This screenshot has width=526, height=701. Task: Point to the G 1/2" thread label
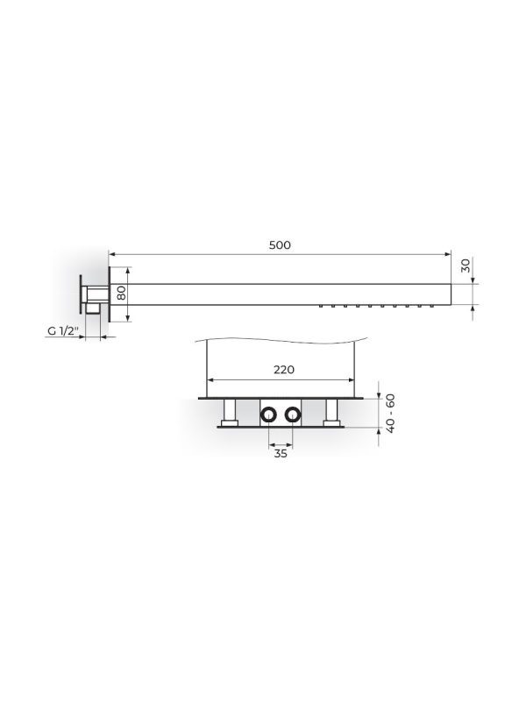pyautogui.click(x=63, y=332)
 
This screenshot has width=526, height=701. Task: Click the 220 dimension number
pyautogui.click(x=282, y=370)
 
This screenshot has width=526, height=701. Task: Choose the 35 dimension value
pyautogui.click(x=280, y=454)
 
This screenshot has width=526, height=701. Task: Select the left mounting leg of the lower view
pyautogui.click(x=230, y=412)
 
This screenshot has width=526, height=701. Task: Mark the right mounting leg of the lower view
pyautogui.click(x=331, y=412)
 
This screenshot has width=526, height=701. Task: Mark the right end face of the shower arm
pyautogui.click(x=448, y=293)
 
